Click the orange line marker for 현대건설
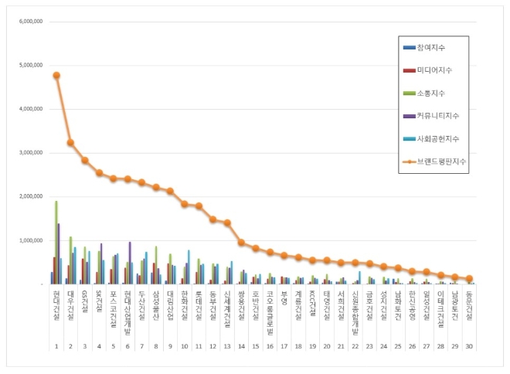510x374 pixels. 56,75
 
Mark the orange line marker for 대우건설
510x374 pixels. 71,142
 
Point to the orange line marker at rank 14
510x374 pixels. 242,243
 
